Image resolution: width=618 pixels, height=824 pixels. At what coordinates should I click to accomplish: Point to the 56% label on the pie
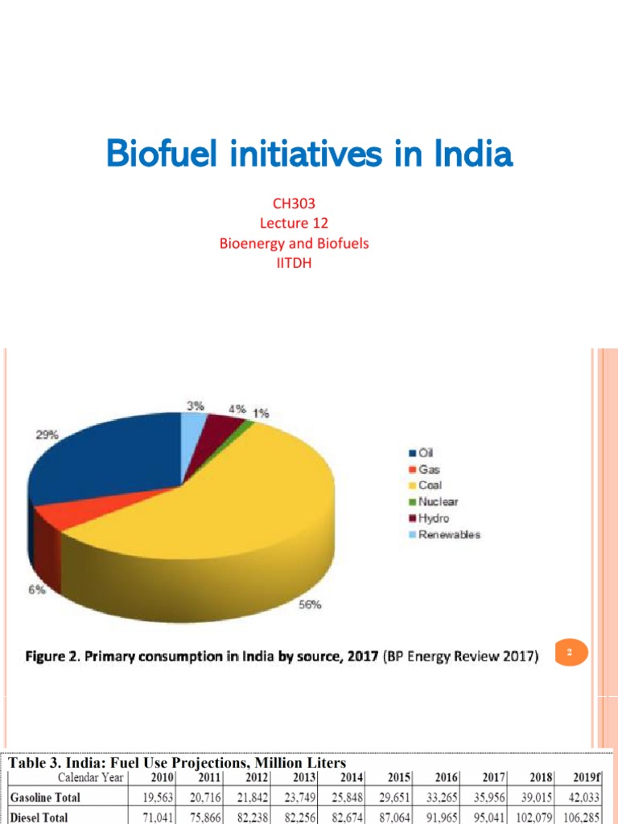(x=310, y=605)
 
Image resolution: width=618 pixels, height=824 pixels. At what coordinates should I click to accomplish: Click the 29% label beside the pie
(x=46, y=435)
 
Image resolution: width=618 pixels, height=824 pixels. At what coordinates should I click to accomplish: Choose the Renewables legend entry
(x=449, y=534)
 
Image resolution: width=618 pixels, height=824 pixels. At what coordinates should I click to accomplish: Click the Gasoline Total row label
(x=45, y=797)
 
